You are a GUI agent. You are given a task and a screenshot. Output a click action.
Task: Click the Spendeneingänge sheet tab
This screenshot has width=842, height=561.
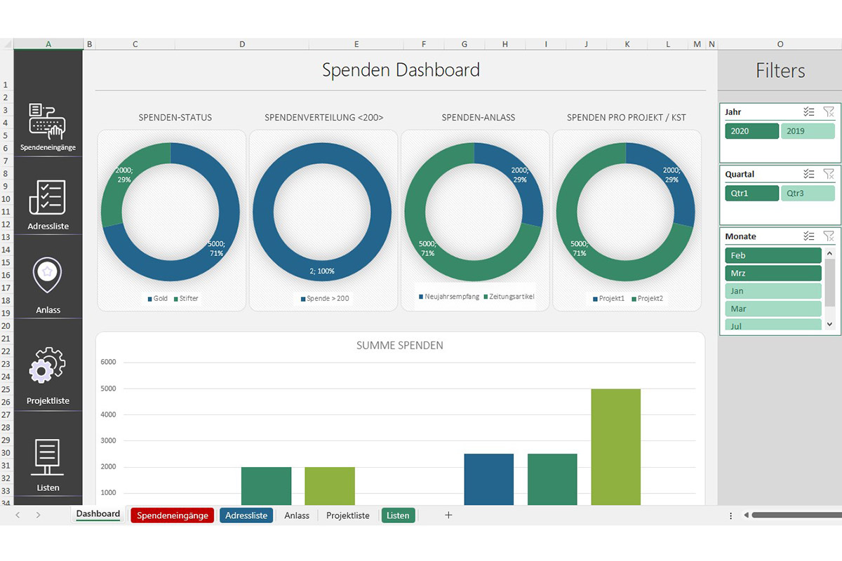coord(173,515)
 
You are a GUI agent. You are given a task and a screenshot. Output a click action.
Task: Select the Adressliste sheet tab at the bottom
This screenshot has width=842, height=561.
coord(246,515)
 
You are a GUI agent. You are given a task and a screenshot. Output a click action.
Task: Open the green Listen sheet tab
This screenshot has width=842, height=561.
coord(398,515)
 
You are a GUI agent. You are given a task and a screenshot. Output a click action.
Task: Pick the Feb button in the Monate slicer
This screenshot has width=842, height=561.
coord(773,255)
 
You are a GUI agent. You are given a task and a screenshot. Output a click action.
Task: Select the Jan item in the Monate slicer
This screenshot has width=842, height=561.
coord(773,291)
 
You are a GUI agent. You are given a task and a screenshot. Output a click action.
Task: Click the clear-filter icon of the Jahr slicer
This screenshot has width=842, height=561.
coord(828,112)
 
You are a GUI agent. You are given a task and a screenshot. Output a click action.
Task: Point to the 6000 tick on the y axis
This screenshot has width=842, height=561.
coord(108,363)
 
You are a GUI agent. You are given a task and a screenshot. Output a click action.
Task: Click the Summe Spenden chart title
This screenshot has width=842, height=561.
coord(400,346)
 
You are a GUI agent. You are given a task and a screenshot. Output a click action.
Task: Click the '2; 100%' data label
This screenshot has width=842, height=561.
coord(322,271)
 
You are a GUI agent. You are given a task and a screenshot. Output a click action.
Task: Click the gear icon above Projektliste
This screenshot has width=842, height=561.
coord(48,365)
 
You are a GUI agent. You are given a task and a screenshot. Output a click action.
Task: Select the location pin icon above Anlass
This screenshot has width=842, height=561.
coord(48,276)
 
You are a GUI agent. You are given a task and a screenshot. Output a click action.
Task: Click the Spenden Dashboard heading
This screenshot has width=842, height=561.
coord(401,70)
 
